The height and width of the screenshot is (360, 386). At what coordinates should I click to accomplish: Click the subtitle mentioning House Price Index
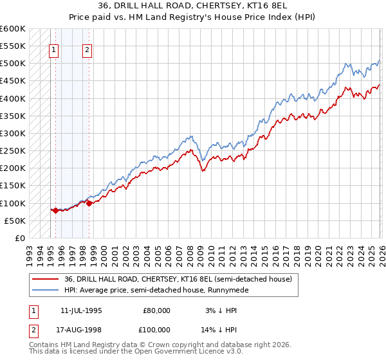[x=193, y=18]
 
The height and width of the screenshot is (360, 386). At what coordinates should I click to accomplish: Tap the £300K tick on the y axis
[x=13, y=134]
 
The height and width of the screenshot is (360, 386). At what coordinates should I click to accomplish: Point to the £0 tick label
[x=19, y=239]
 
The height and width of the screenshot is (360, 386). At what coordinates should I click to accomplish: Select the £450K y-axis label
[x=13, y=81]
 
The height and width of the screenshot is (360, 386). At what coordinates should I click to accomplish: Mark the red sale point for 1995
[x=55, y=210]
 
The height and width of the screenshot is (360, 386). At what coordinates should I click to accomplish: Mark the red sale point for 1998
[x=89, y=203]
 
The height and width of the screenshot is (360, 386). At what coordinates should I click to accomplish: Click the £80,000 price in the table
[x=156, y=310]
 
